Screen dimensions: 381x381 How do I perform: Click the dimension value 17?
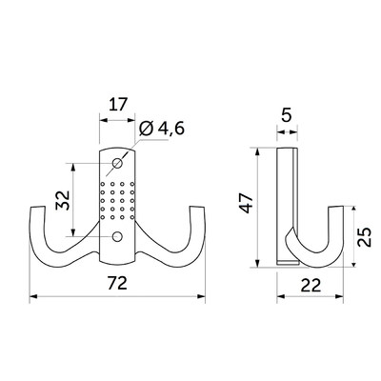click(x=118, y=104)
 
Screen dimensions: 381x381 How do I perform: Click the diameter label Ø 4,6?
click(x=162, y=129)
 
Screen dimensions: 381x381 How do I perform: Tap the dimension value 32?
click(x=63, y=200)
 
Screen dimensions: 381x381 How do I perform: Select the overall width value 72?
click(x=117, y=283)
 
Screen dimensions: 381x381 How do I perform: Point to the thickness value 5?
click(x=287, y=115)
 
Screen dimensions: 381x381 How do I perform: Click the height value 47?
click(x=247, y=203)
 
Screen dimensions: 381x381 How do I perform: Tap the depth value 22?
click(x=311, y=286)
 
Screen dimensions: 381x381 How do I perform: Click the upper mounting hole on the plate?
click(x=117, y=163)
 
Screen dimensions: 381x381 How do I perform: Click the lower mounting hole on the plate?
click(x=117, y=236)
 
